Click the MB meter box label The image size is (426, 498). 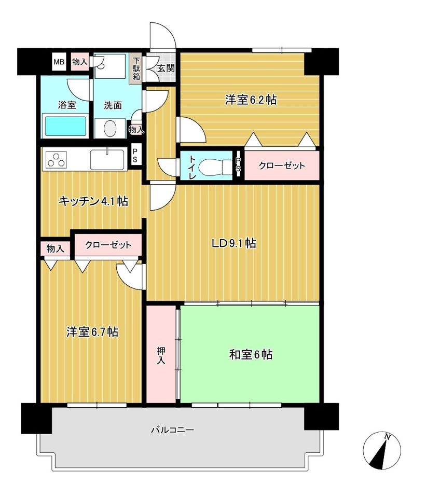[59, 62]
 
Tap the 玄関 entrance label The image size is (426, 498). [166, 68]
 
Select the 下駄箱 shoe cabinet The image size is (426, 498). [136, 69]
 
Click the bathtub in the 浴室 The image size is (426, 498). [66, 126]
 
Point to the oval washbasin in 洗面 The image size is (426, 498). [110, 129]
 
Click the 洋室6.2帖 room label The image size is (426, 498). [251, 100]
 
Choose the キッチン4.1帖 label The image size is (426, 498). [93, 201]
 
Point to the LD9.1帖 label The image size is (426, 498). [234, 243]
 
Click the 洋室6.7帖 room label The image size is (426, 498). [92, 332]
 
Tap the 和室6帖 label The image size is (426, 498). [251, 354]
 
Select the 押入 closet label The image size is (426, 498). [161, 355]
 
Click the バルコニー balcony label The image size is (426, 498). [172, 430]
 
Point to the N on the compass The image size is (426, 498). [387, 437]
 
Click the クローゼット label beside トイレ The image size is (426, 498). [282, 165]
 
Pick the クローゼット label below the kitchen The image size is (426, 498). [108, 245]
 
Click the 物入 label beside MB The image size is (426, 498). [79, 62]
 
